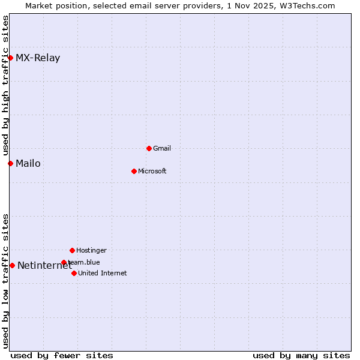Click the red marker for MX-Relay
pos(10,58)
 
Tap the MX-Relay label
pos(38,58)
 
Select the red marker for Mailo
pos(10,163)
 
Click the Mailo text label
pos(28,163)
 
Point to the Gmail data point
pos(149,148)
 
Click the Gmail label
pos(162,148)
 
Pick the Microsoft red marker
pos(134,171)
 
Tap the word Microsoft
pos(152,171)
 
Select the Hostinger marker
pos(72,250)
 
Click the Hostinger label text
pos(91,250)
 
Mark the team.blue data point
pos(64,262)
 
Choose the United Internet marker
pos(74,273)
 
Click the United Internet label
pos(103,273)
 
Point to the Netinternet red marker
pos(12,265)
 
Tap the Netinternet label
pos(44,266)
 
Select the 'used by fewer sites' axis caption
pos(62,355)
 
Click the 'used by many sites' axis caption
pos(301,355)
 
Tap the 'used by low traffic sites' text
pos(5,281)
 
